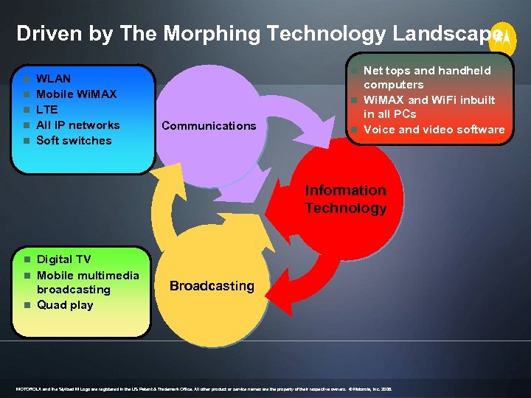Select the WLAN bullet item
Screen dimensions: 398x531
click(54, 78)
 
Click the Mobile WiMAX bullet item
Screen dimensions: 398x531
click(77, 94)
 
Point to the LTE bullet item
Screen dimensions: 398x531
click(47, 109)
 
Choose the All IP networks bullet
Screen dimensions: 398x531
click(77, 125)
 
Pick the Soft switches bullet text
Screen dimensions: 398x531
click(74, 140)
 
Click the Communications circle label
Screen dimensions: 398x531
click(209, 125)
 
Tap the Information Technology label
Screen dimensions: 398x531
click(345, 199)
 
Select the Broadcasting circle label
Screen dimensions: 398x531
click(212, 285)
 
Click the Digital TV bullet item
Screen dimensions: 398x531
click(63, 259)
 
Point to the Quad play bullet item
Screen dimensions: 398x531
click(65, 304)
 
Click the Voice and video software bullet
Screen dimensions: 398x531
click(434, 130)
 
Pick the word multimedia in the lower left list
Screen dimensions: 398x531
click(108, 275)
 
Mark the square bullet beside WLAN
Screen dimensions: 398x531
click(26, 79)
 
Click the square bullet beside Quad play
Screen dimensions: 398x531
click(26, 305)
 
